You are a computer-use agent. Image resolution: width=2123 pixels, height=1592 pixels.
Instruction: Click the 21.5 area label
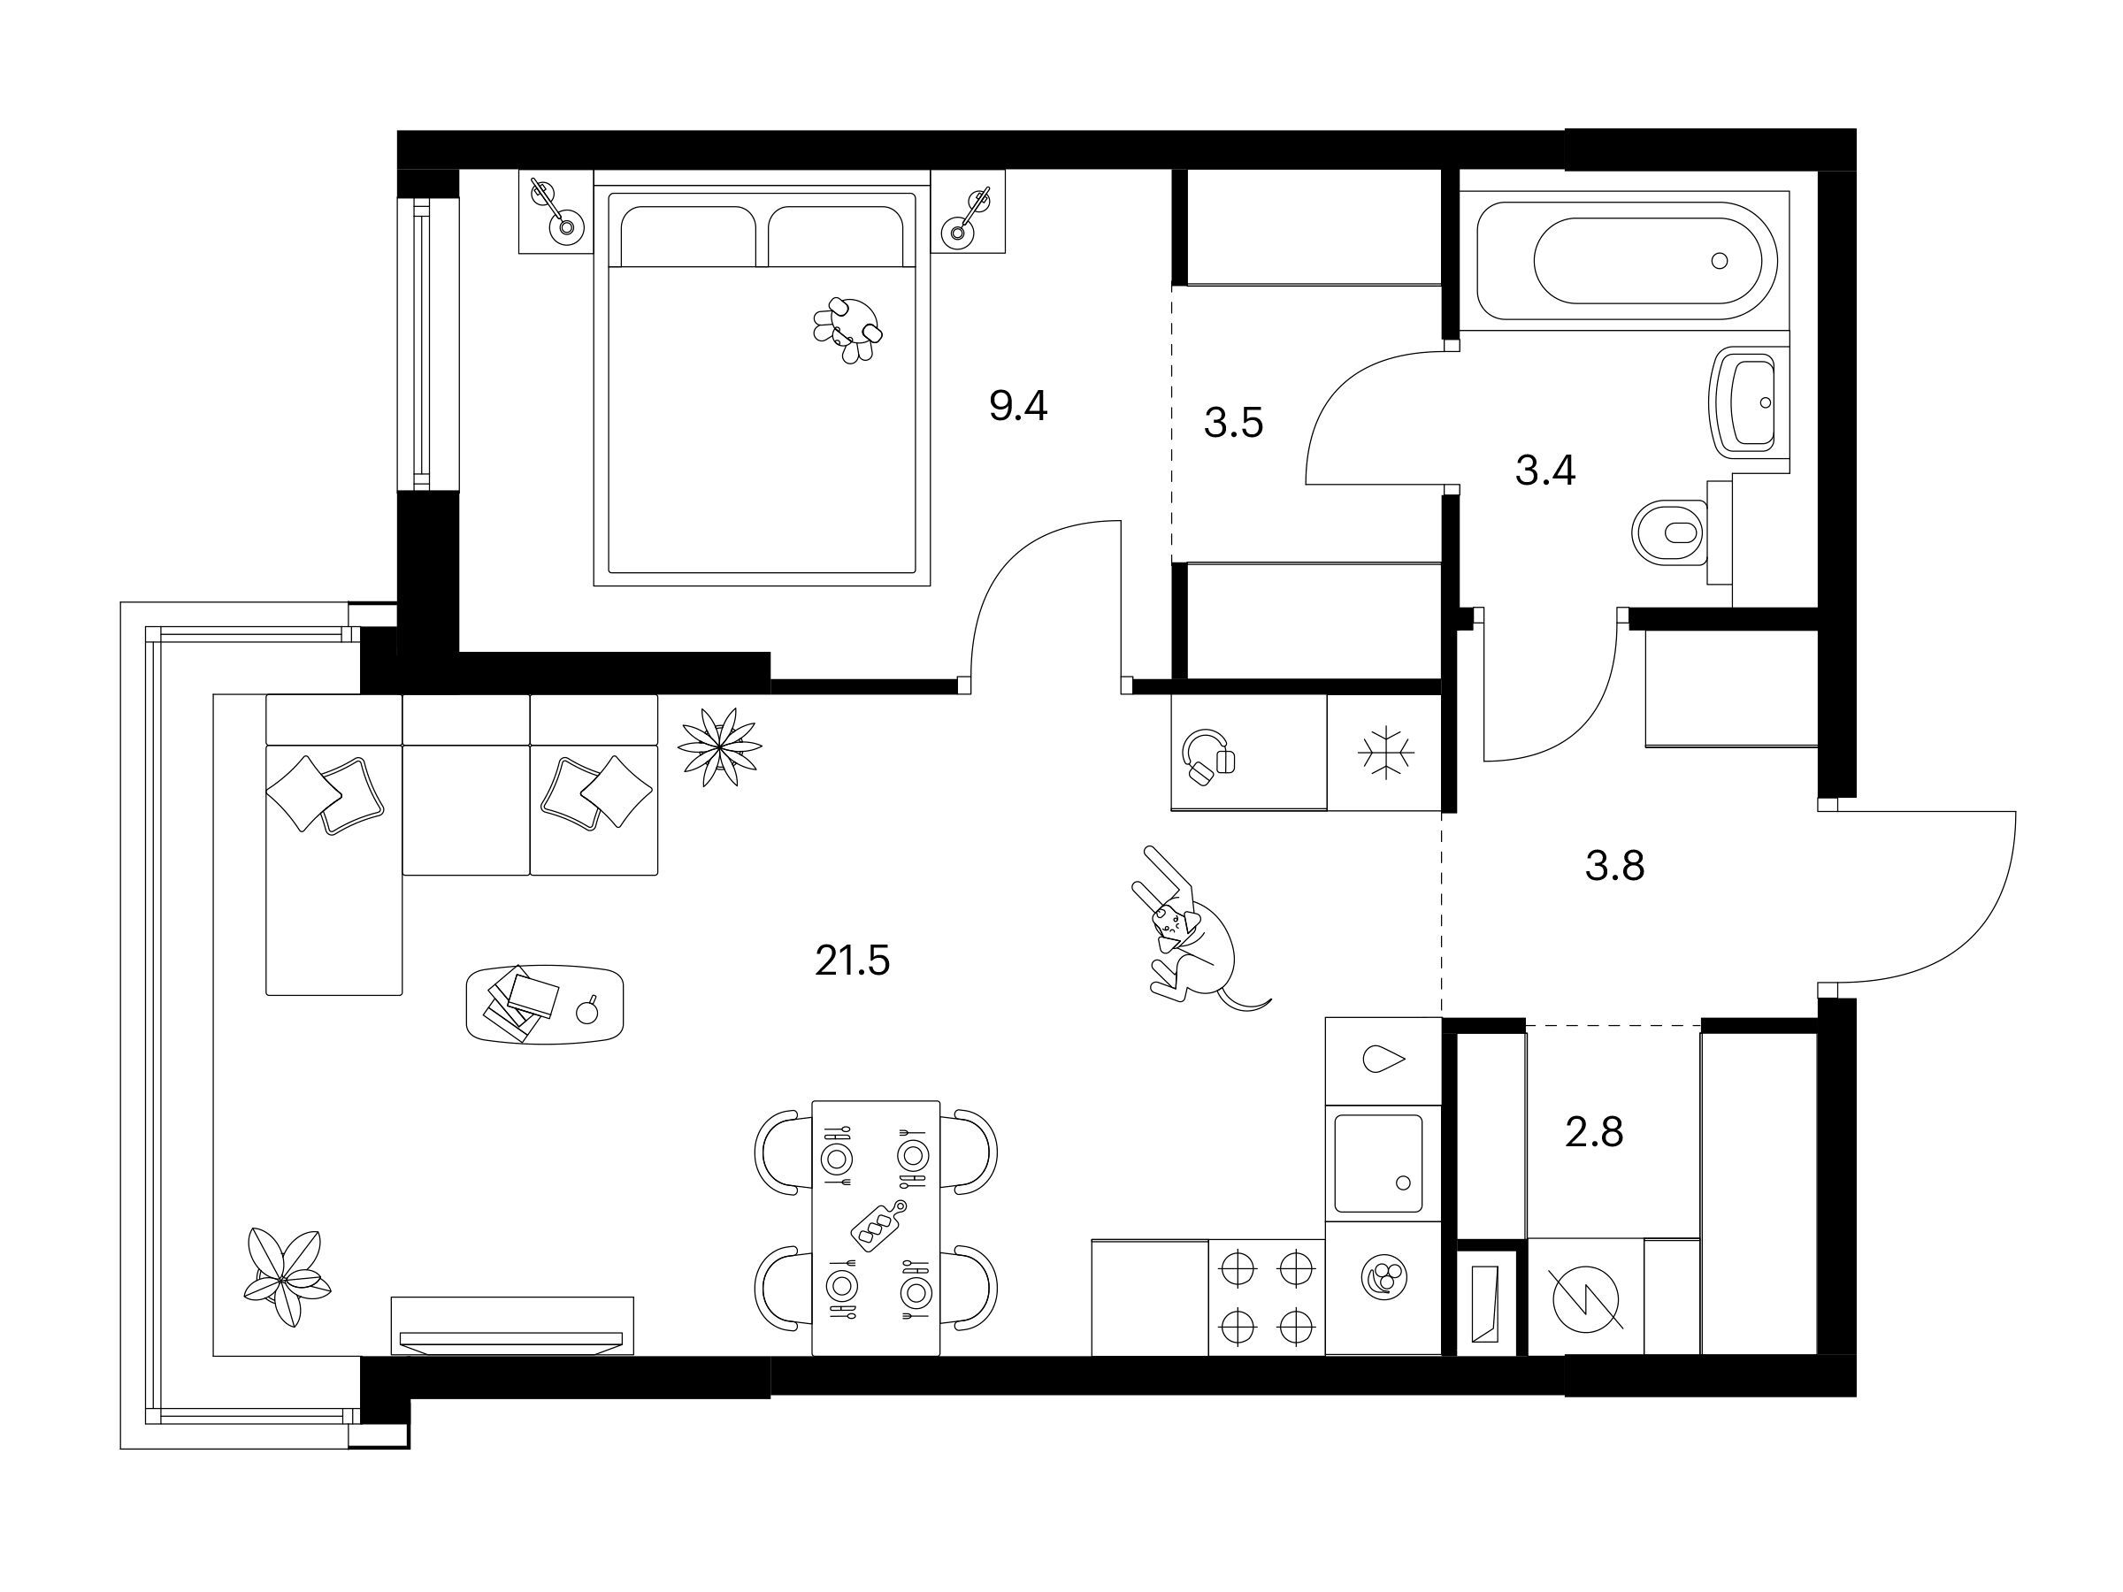coord(852,961)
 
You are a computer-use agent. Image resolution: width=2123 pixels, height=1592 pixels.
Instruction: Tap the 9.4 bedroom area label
coord(1018,407)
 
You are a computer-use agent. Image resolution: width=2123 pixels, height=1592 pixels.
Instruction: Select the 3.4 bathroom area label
coord(1545,471)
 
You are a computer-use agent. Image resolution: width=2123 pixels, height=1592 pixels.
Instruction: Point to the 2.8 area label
coord(1594,1132)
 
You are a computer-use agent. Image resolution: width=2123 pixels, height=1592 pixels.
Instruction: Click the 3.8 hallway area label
coord(1615,866)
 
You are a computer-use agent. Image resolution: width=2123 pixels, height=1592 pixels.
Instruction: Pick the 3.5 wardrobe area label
coord(1233,422)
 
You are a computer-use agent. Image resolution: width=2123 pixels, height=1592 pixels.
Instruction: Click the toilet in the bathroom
coord(1671,532)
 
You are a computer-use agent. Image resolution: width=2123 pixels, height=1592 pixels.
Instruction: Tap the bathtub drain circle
coord(1719,260)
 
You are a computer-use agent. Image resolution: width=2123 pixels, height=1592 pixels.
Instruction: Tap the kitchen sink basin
coord(1378,1163)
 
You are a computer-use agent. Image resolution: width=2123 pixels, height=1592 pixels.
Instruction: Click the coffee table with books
coord(544,1004)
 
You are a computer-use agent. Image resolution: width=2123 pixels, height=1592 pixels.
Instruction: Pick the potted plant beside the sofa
coord(720,746)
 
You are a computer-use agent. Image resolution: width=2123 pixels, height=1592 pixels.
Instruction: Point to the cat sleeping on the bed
coord(847,329)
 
